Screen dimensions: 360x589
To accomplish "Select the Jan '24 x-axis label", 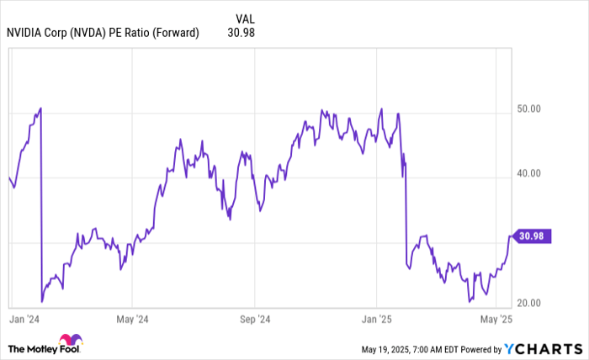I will click(23, 320).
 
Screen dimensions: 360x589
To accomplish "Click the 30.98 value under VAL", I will click(241, 33).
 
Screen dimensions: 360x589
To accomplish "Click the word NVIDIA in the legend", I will click(26, 33).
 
